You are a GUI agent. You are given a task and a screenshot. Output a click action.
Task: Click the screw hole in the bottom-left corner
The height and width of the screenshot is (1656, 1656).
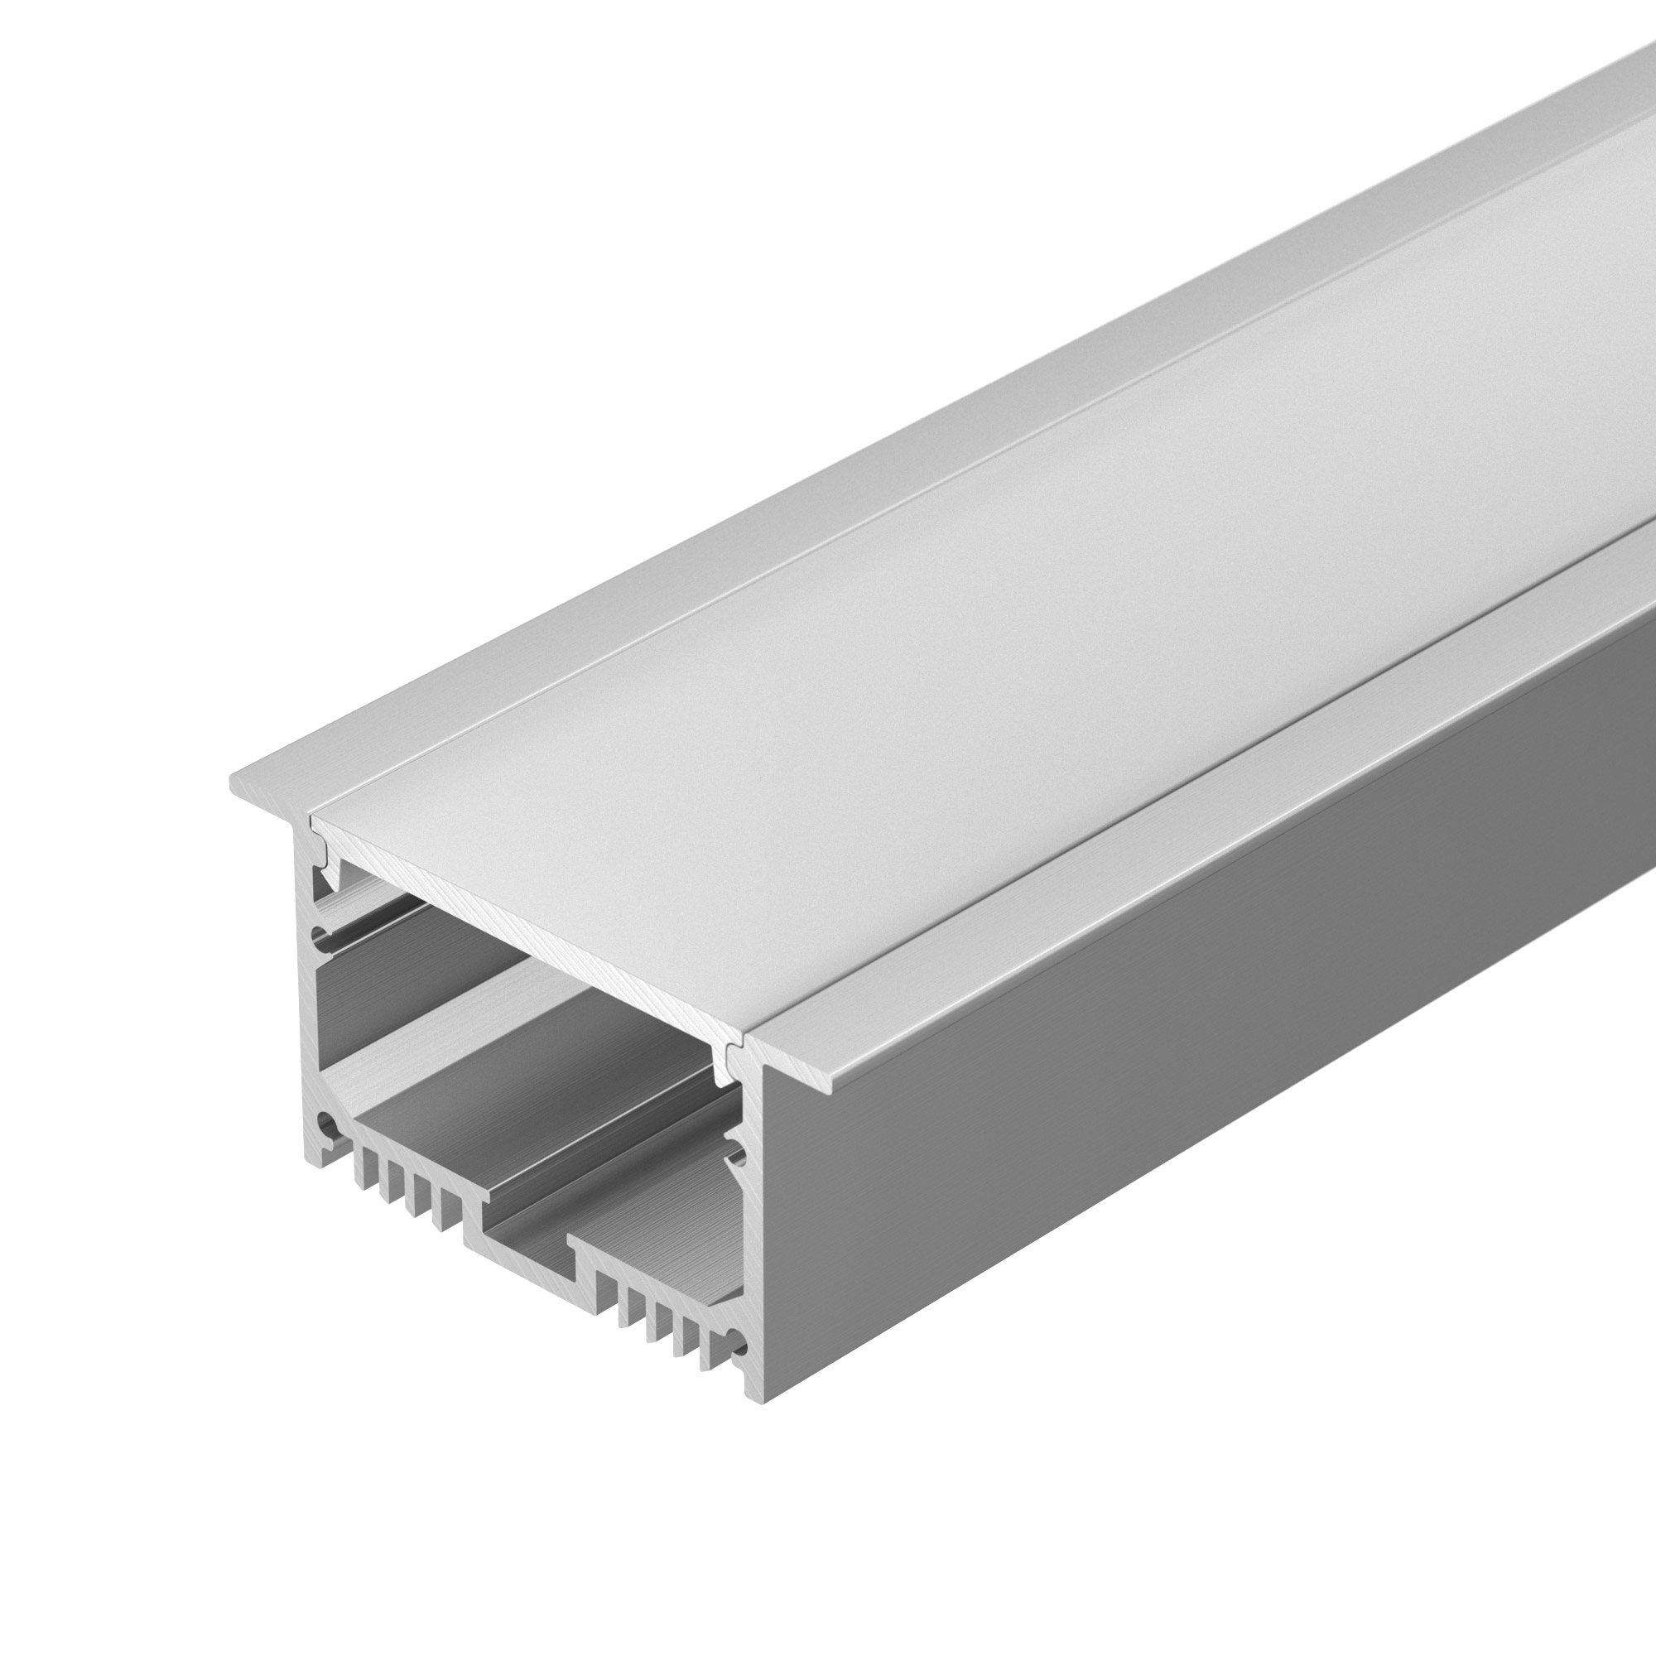click(326, 1122)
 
